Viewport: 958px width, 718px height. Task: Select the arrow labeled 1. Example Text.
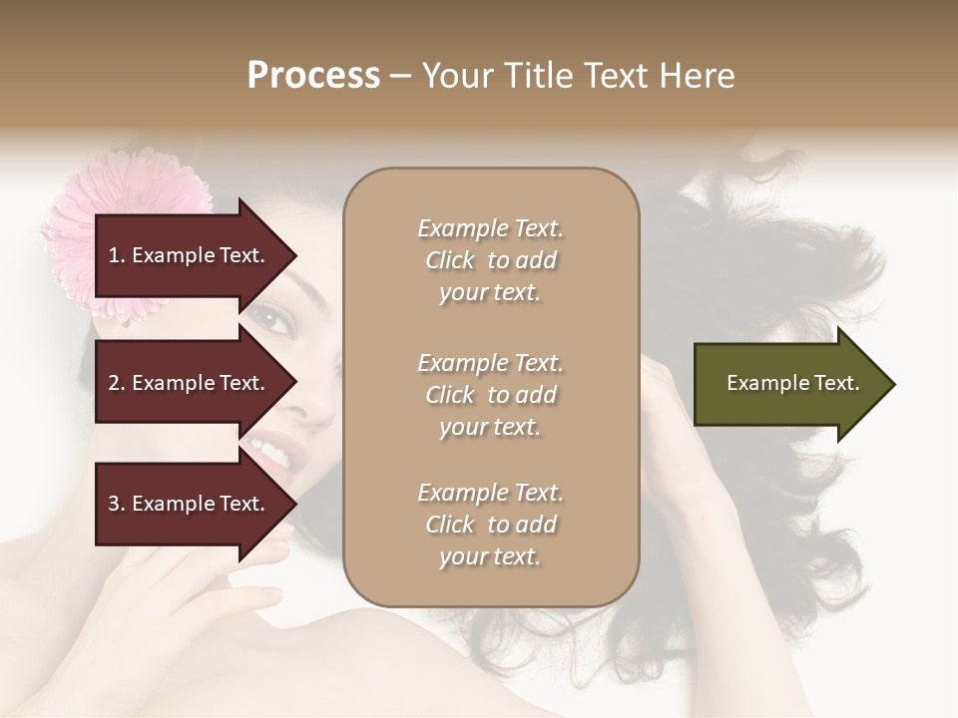point(190,255)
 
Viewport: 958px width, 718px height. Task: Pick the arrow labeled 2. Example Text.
point(190,383)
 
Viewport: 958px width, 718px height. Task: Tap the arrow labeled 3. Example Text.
point(190,504)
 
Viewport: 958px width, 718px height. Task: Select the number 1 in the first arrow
point(114,255)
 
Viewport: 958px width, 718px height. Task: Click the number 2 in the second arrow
point(114,383)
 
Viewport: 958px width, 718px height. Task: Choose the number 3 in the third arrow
point(114,504)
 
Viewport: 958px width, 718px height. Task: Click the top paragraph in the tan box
point(490,260)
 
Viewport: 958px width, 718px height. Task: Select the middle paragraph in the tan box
point(490,395)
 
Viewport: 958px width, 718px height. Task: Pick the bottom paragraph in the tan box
point(490,525)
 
